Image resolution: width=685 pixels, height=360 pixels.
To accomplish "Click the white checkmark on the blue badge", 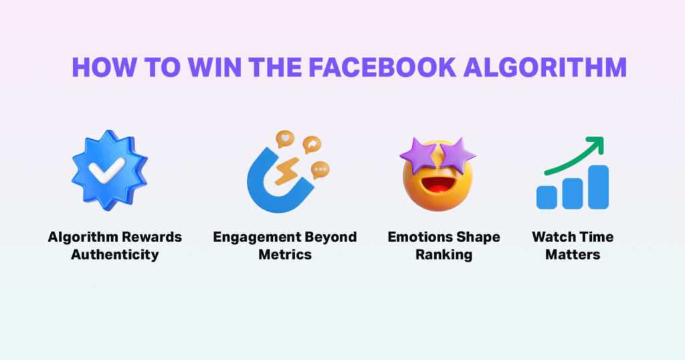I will click(x=109, y=171).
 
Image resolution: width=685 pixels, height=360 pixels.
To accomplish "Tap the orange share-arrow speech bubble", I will click(x=311, y=145).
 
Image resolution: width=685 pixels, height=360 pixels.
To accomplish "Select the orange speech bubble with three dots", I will click(x=321, y=170).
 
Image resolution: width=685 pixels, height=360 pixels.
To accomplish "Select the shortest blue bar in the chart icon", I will click(x=547, y=197).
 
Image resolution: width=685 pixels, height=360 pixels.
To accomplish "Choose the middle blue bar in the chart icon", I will click(x=573, y=192).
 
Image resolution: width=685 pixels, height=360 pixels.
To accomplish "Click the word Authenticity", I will click(x=114, y=254).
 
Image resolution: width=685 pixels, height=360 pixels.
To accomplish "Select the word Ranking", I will click(x=444, y=254).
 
